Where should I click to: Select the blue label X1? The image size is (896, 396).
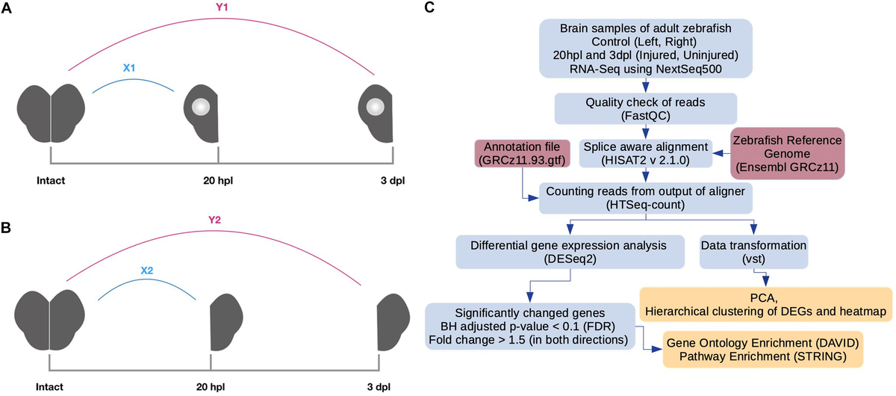click(128, 68)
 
